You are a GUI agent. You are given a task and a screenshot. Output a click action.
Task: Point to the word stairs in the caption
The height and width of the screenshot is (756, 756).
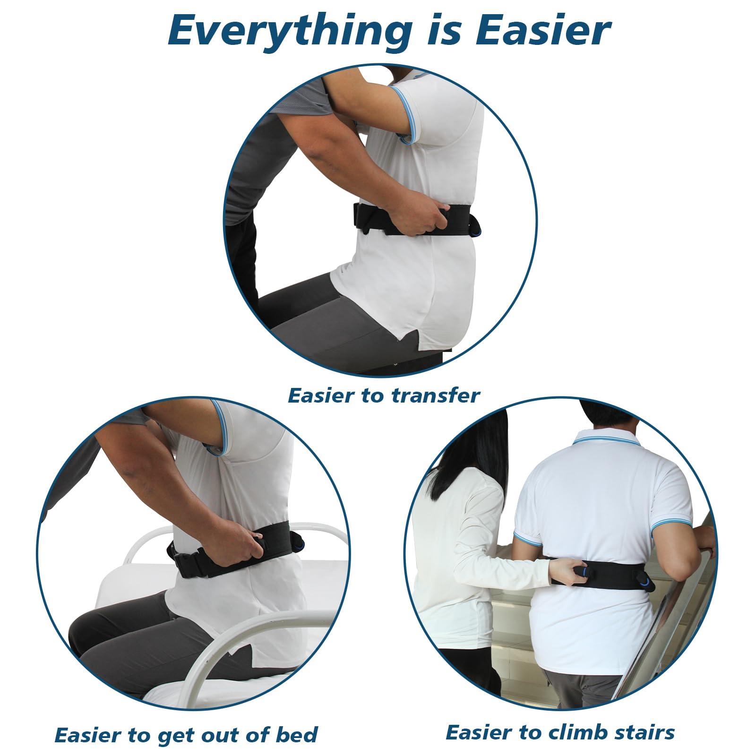(644, 732)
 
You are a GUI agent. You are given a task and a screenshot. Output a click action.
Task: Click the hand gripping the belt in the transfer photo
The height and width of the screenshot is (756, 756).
(416, 217)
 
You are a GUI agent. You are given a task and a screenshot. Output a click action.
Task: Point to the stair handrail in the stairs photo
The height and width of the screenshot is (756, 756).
(671, 610)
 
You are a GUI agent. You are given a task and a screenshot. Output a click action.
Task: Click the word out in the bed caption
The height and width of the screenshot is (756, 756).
(218, 736)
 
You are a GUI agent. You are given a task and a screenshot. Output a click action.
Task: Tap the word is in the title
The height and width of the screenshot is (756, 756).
(442, 30)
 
